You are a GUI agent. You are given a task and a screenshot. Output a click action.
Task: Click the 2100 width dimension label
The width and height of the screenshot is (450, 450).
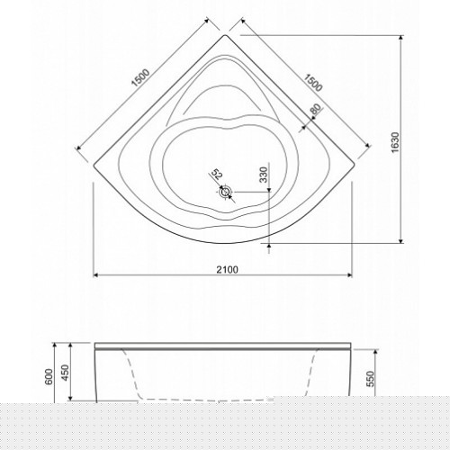[x=227, y=270]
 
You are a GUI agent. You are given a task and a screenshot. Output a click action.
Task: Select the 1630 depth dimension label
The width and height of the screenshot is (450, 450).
[x=395, y=142]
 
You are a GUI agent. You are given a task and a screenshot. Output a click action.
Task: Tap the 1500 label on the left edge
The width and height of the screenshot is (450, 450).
[x=141, y=78]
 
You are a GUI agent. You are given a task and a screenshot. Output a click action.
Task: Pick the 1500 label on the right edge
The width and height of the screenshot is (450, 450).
[x=313, y=83]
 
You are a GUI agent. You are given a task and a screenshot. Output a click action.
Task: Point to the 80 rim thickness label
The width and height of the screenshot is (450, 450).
[x=315, y=109]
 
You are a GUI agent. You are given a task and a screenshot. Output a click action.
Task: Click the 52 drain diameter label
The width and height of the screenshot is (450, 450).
[x=217, y=175]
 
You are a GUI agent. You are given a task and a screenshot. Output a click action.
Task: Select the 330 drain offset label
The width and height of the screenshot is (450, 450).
[x=263, y=175]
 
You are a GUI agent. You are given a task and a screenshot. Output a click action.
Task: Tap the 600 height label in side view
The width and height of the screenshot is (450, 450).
[x=49, y=376]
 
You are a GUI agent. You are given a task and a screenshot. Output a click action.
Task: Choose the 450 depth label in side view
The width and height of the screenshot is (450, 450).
[x=65, y=372]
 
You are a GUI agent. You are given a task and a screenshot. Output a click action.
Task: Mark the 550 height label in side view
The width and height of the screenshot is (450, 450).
[x=371, y=379]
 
